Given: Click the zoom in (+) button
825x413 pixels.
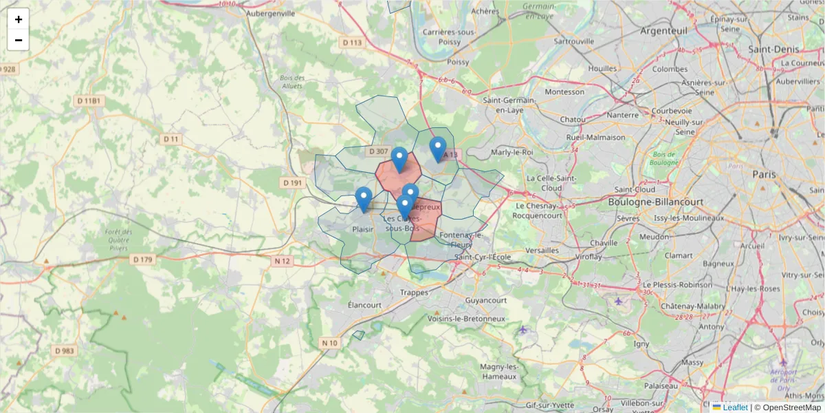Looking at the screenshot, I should [19, 19].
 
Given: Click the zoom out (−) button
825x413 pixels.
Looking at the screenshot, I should [19, 40].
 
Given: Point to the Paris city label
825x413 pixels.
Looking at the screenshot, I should [764, 174].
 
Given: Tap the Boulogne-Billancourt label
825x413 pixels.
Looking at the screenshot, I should [656, 202].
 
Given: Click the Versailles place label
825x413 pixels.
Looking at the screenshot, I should [542, 251].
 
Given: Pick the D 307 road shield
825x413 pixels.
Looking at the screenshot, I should [378, 151].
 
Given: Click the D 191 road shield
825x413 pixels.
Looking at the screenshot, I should [292, 183].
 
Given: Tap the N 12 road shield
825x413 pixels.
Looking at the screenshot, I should [283, 261].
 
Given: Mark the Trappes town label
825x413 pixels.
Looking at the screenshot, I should [415, 292].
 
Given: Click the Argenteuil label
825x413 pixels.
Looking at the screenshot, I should [663, 31].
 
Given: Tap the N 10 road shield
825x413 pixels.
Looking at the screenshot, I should [329, 343].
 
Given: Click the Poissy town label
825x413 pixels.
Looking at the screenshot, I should [458, 62].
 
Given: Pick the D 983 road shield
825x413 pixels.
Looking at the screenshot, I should [64, 350].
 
